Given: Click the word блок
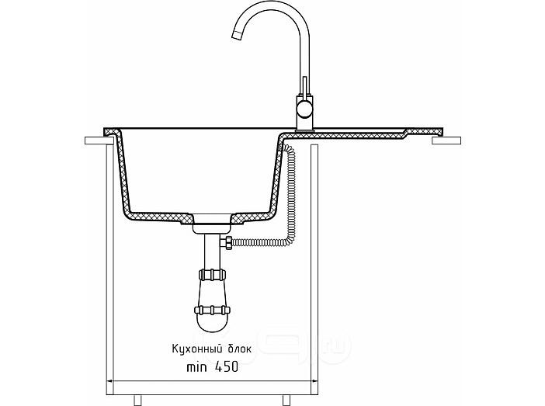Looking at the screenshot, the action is point(239,349).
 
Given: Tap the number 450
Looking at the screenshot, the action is point(227,366).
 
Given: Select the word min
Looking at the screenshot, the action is point(196,367).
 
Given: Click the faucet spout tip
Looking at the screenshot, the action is point(236,36).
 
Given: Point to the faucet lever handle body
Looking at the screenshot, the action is point(305,87).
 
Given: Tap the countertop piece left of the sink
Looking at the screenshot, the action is point(99,141).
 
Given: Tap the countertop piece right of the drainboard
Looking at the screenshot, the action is point(446,141).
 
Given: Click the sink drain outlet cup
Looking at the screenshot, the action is point(212,224).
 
